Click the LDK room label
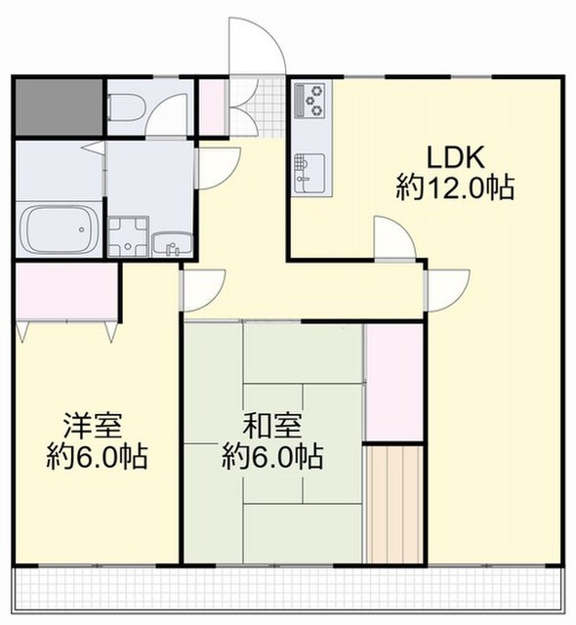pos(456,158)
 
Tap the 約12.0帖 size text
pos(455,187)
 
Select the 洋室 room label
pos(93,426)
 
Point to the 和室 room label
pos(272,426)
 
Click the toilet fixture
pos(127,107)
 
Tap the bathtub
pos(59,229)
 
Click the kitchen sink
pos(309,174)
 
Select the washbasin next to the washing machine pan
pos(173,244)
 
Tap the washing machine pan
pos(128,236)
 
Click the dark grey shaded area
pos(59,106)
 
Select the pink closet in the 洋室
pos(66,291)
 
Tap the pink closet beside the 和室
pos(394,382)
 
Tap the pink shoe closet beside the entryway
pos(213,106)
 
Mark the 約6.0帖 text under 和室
pos(272,457)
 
